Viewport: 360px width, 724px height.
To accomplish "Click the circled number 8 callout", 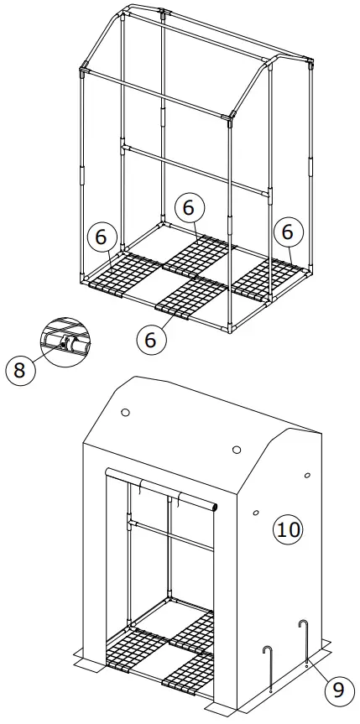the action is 20,369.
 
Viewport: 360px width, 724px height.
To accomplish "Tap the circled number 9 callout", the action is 338,690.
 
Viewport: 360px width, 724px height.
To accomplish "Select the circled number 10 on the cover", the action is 288,529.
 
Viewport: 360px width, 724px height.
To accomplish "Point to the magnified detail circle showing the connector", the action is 65,342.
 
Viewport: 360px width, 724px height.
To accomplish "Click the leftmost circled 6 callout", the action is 101,237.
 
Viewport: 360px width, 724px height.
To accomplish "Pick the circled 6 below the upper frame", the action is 151,340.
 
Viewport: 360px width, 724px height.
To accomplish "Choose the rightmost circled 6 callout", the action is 288,232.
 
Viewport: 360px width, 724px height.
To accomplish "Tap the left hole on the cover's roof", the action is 125,412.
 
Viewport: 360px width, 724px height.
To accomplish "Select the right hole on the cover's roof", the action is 237,450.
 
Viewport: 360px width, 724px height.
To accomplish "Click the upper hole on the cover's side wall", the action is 307,475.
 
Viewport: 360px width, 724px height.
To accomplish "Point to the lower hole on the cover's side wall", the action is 256,512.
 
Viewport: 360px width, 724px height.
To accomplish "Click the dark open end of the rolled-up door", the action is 215,507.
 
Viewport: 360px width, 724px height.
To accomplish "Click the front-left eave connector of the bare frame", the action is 84,70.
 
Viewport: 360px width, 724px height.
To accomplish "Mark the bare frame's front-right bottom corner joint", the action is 229,328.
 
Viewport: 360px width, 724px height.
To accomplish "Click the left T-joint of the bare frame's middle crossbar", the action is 123,148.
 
